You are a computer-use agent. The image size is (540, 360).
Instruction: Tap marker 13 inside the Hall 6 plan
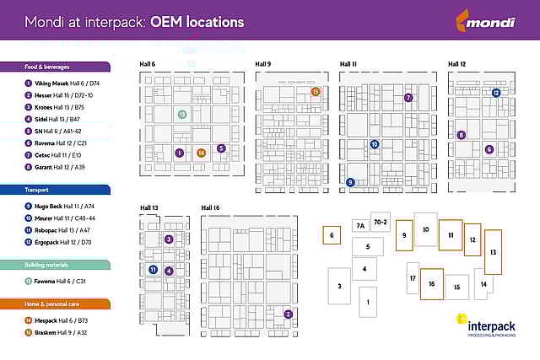pos(181,114)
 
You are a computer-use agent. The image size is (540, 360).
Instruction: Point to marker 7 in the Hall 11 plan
pos(408,98)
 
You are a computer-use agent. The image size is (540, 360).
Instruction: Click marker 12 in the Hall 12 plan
pos(496,92)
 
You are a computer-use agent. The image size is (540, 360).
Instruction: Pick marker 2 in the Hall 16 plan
pos(289,314)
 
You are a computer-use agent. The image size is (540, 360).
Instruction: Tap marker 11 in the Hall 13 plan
pos(153,270)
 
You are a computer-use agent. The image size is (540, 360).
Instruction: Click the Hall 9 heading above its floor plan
pos(263,64)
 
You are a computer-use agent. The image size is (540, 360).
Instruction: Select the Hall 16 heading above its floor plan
pos(210,207)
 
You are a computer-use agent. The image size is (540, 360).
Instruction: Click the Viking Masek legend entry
pos(62,83)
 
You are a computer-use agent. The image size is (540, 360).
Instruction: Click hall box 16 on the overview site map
pos(431,284)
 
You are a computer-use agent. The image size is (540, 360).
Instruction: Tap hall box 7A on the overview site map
pos(359,225)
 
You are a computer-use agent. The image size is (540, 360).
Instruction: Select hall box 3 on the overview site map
pos(339,286)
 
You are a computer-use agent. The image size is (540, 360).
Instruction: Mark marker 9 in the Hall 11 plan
pos(350,182)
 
